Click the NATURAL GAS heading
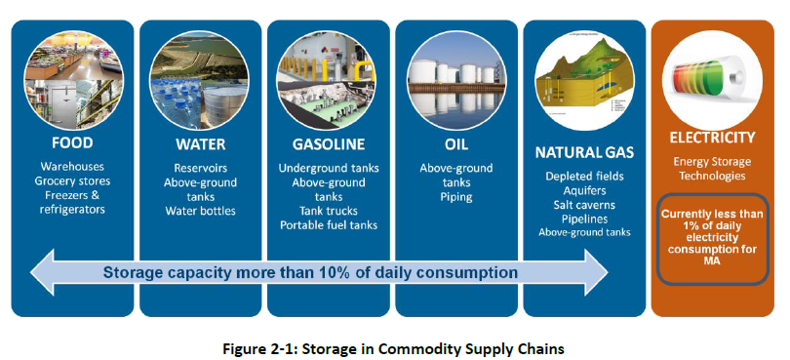pyautogui.click(x=583, y=152)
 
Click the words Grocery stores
pyautogui.click(x=73, y=180)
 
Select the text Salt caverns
pyautogui.click(x=583, y=204)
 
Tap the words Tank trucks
pyautogui.click(x=328, y=211)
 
